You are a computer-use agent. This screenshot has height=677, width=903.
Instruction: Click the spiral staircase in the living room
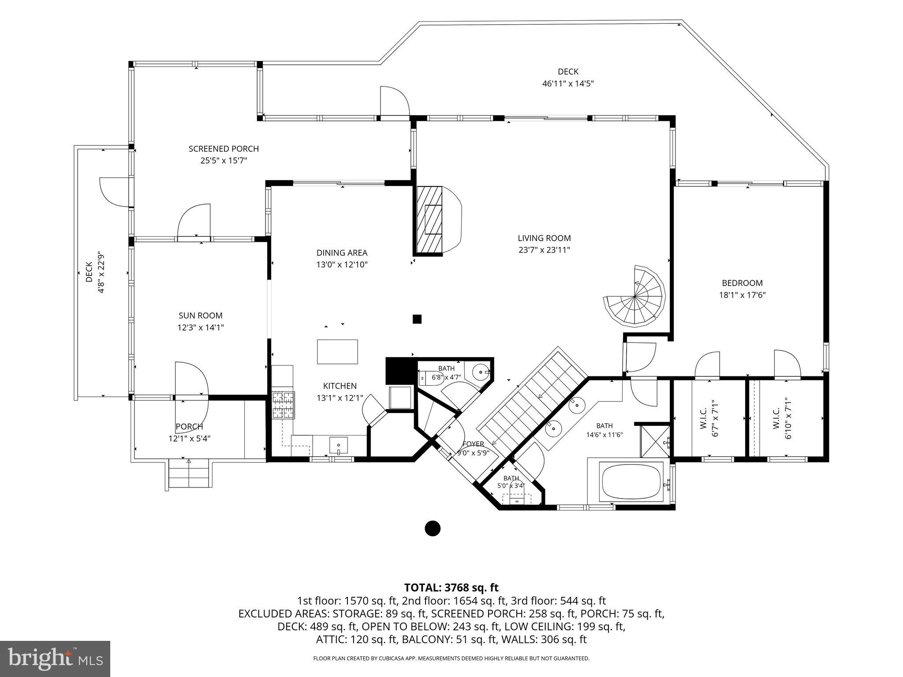[x=634, y=296]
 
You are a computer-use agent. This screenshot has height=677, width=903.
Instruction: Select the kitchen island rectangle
[x=337, y=351]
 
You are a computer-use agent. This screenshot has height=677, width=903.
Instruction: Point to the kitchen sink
[x=338, y=446]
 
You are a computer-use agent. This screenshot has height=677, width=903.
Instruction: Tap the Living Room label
[x=544, y=238]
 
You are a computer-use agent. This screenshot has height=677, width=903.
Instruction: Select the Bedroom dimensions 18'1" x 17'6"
[x=742, y=295]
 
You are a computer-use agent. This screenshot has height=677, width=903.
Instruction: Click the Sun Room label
[x=201, y=316]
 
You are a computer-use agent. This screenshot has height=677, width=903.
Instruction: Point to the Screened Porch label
[x=224, y=149]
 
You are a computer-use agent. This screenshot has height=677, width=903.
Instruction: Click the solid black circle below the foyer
[x=433, y=528]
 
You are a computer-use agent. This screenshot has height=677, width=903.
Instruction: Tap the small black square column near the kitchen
[x=417, y=319]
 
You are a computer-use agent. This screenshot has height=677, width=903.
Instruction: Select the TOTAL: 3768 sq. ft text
[x=451, y=588]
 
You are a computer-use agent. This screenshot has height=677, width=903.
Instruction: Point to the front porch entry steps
[x=189, y=473]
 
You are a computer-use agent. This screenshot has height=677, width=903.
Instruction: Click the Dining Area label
[x=342, y=253]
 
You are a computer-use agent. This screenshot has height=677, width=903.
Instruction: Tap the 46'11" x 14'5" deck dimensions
[x=568, y=83]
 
